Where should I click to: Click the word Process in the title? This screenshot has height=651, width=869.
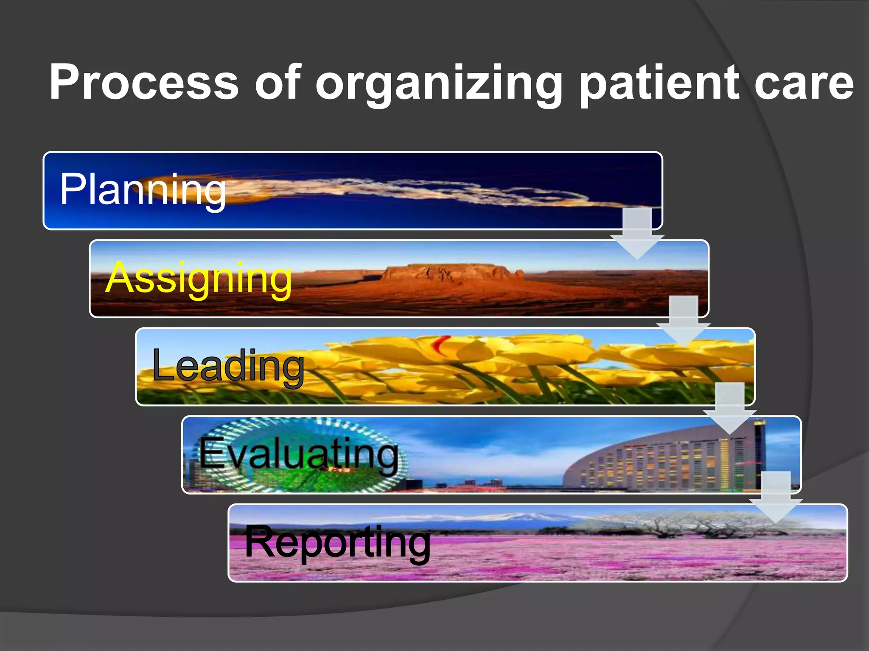click(144, 82)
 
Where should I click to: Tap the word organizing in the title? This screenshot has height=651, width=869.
click(439, 84)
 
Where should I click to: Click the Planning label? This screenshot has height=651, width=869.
click(143, 190)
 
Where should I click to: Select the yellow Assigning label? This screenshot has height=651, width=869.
click(199, 278)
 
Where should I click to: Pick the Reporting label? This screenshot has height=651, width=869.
click(338, 542)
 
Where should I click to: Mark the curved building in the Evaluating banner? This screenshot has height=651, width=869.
click(658, 462)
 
